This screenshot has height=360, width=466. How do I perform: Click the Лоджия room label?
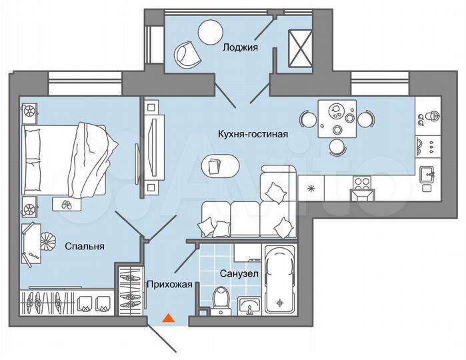[240, 47]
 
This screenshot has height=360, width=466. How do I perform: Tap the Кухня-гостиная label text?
[253, 134]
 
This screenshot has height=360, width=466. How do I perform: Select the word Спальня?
[85, 246]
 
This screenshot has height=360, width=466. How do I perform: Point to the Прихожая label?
[170, 285]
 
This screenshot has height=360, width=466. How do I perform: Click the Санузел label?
[239, 273]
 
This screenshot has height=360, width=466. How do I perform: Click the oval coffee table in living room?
[217, 165]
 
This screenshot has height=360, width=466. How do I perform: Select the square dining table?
[336, 119]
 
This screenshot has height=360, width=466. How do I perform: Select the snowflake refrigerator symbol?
[309, 189]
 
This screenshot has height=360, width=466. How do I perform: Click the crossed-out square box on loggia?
[298, 49]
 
